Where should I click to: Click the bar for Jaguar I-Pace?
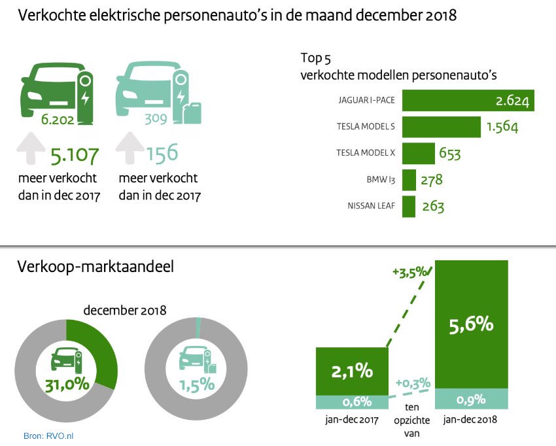[468, 101]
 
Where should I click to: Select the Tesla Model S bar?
[442, 126]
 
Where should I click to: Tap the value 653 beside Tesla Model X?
[448, 154]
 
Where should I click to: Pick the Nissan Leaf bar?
[409, 207]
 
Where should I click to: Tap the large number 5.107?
[75, 156]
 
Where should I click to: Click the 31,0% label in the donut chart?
[67, 384]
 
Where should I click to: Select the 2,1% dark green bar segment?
[352, 371]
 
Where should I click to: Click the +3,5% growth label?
[410, 272]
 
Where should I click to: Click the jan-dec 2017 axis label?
[352, 419]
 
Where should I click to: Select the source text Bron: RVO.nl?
[48, 435]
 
